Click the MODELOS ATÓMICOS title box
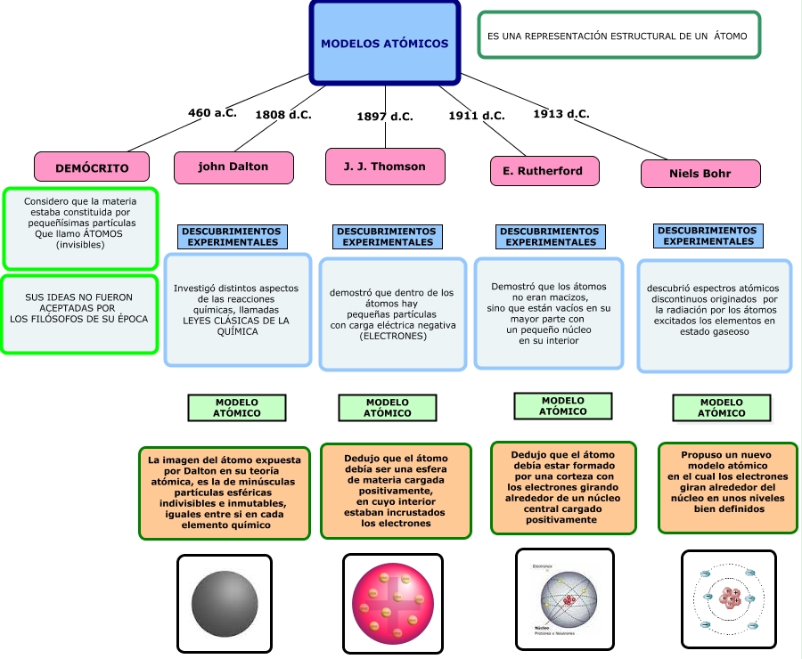point(385,44)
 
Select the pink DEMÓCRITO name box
point(92,167)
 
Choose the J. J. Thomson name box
point(385,167)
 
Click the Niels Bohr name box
point(700,174)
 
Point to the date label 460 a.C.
point(212,113)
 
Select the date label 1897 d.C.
point(385,117)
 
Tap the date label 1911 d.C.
point(476,116)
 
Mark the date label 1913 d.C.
point(561,114)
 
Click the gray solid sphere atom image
point(225,603)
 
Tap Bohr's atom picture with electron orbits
point(728,598)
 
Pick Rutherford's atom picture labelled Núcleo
point(565,598)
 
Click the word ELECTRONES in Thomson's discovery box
point(392,336)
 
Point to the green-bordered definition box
point(619,36)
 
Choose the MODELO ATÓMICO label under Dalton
point(237,408)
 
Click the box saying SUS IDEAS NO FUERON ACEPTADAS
point(80,313)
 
